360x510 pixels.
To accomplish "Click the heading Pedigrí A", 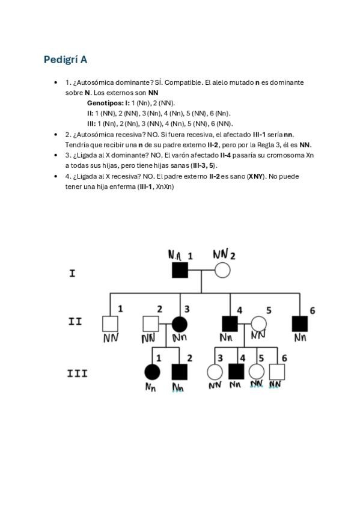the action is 66,60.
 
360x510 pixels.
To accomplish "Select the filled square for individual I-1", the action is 178,271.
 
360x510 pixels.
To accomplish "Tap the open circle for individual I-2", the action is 222,271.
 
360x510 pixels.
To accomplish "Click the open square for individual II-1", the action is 109,324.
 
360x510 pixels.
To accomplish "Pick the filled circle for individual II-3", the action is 178,324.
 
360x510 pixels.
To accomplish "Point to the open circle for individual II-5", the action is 258,324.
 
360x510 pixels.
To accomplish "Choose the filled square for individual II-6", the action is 299,324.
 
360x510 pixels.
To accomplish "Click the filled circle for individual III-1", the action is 152,372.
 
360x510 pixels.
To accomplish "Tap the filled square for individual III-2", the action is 178,372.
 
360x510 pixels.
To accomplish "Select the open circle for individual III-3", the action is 215,372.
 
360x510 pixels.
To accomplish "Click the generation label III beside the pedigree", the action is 78,373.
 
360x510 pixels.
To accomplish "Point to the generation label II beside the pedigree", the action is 75,321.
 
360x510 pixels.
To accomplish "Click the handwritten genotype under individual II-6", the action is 301,337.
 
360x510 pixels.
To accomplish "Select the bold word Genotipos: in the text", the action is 105,103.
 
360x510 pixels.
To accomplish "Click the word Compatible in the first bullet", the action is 184,82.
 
